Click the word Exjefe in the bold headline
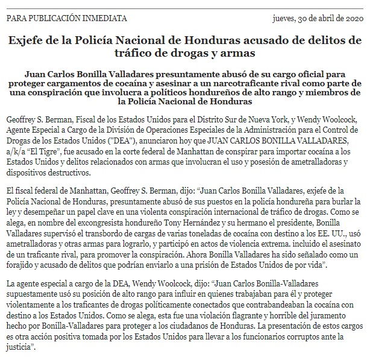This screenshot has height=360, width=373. coord(31,42)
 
